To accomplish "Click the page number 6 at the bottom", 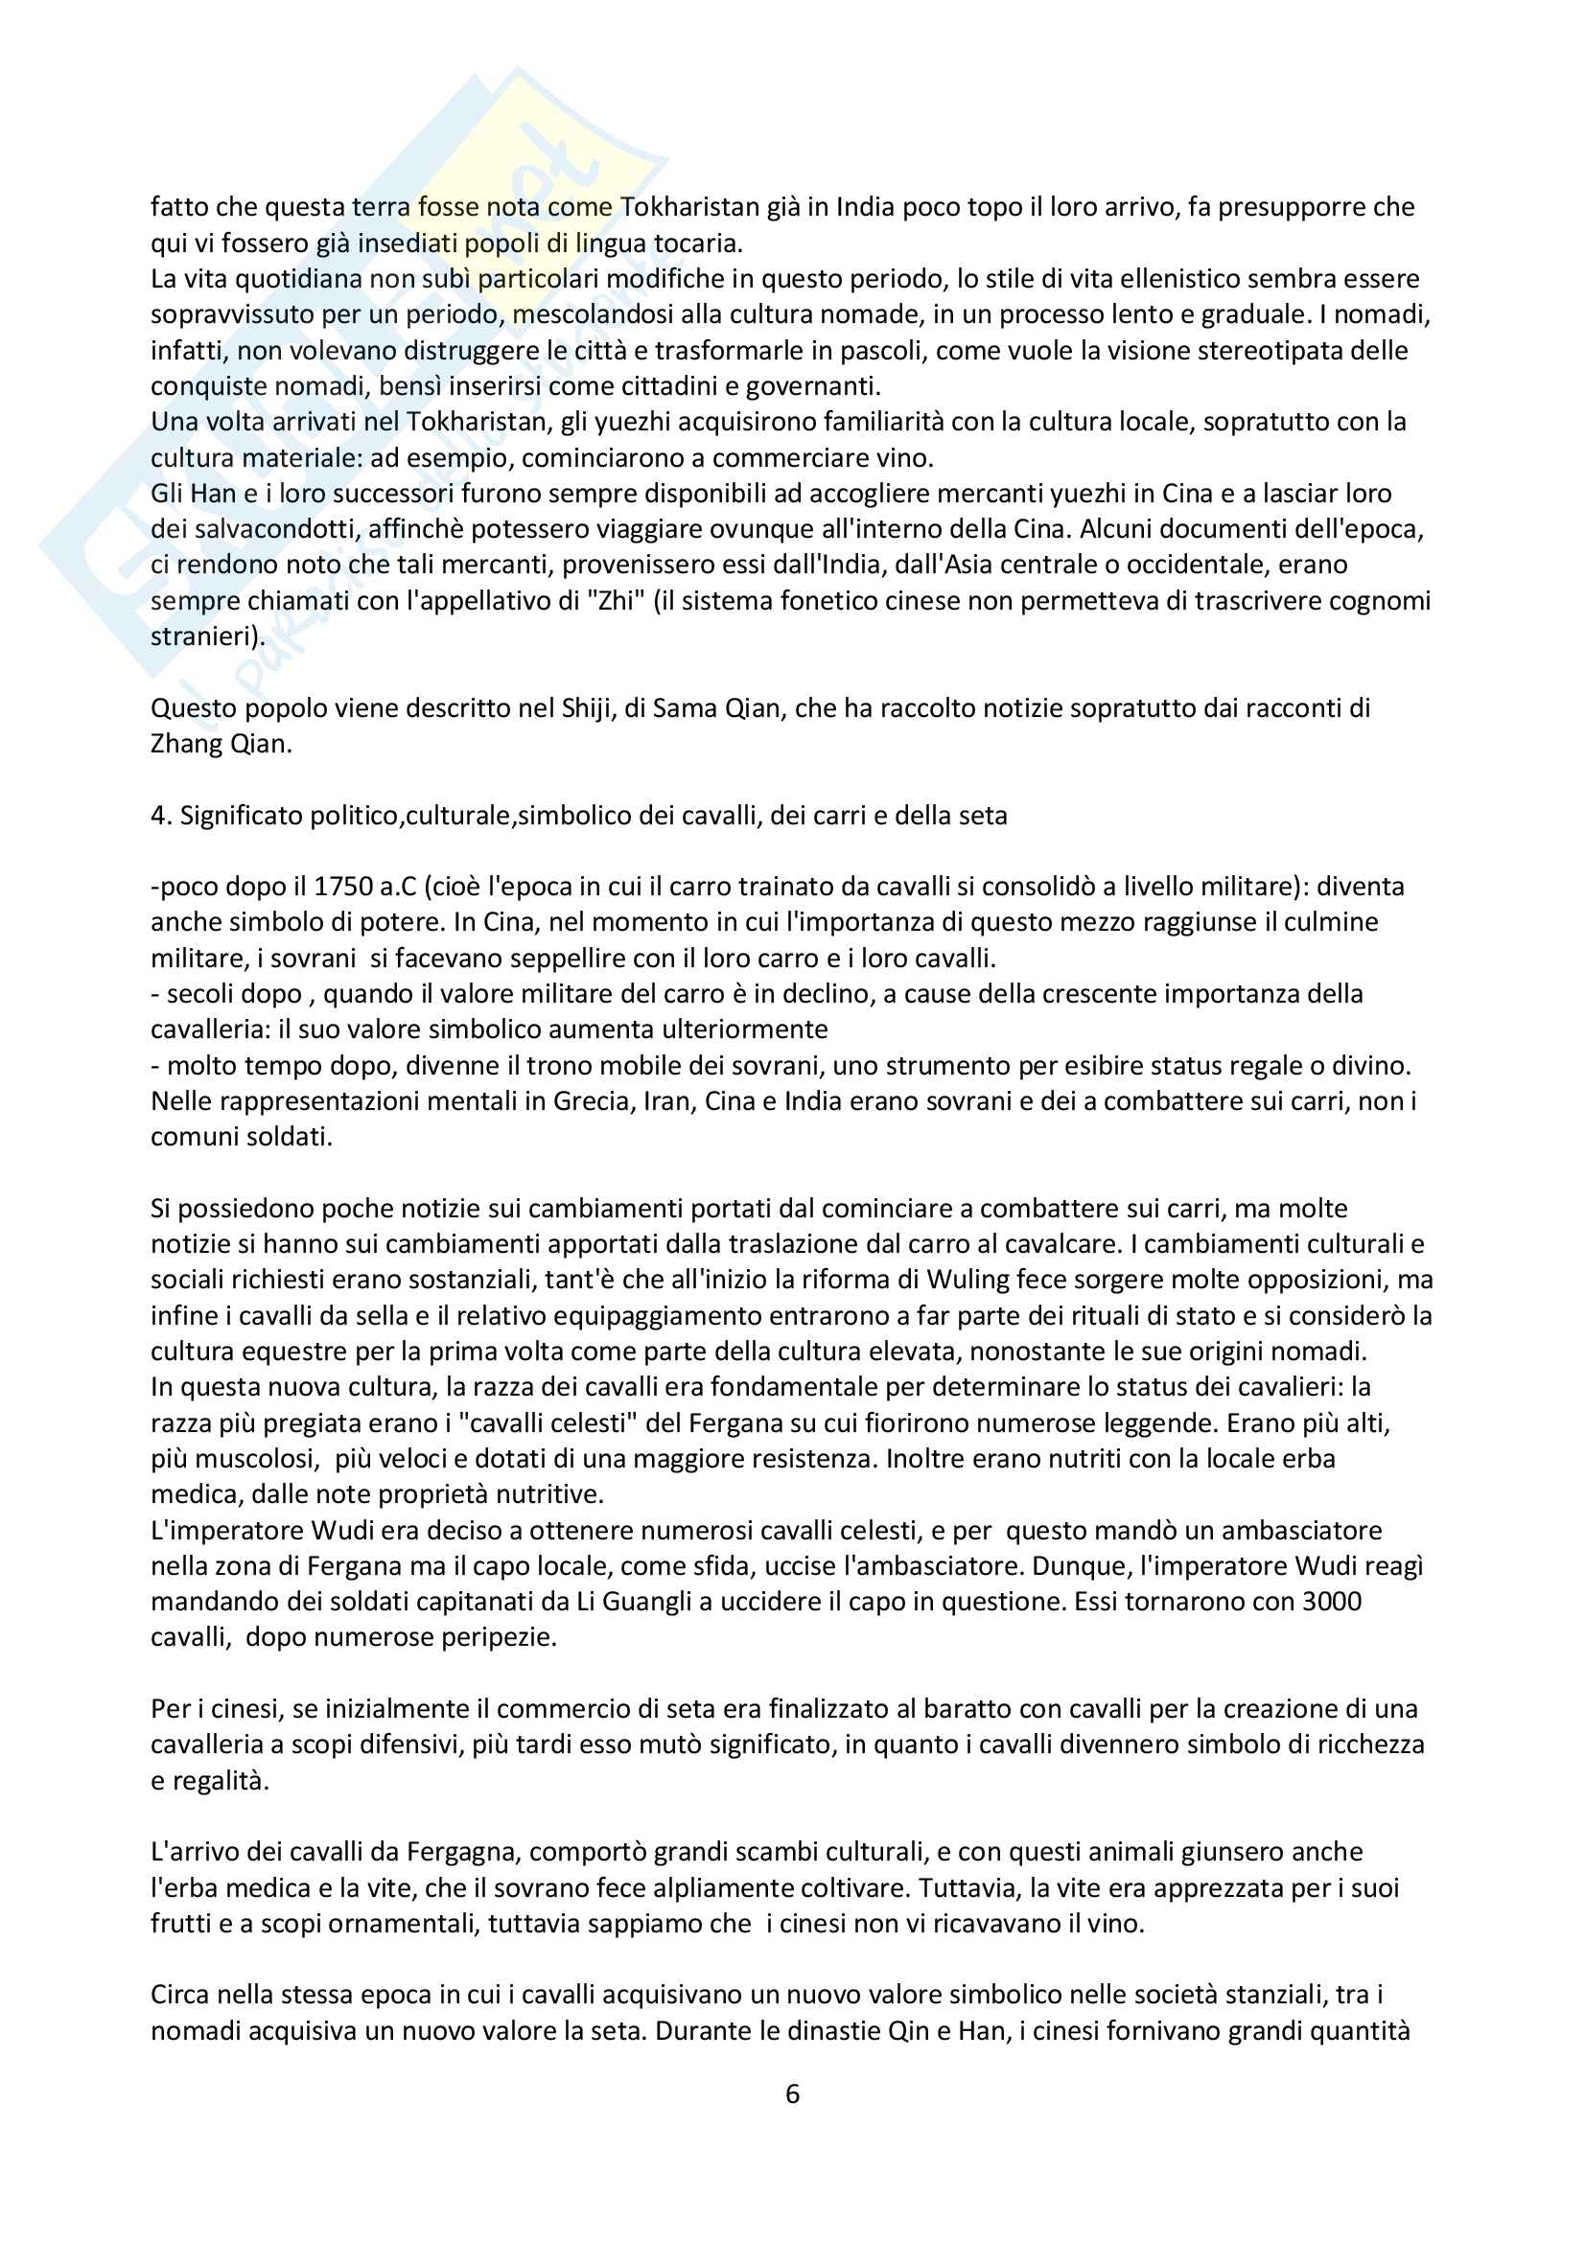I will point(792,2093).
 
